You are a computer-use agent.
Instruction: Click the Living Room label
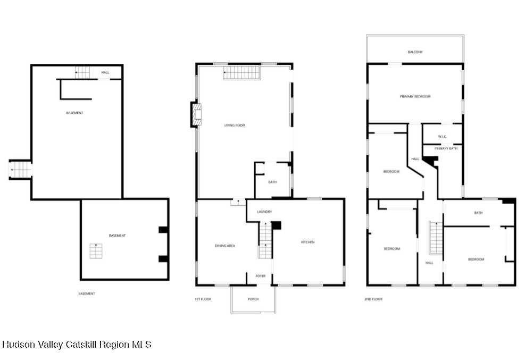click(235, 125)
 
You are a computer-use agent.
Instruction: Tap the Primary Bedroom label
click(415, 97)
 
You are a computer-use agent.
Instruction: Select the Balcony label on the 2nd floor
click(415, 52)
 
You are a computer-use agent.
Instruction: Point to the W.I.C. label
click(443, 137)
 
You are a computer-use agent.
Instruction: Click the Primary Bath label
click(446, 148)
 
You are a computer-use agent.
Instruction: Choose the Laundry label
click(264, 212)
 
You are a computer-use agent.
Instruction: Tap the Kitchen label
click(307, 242)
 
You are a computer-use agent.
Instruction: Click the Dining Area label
click(225, 246)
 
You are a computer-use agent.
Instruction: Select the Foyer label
click(261, 276)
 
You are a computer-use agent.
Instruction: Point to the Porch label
click(253, 299)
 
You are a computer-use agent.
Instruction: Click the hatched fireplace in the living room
click(196, 114)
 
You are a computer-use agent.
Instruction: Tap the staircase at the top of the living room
click(241, 73)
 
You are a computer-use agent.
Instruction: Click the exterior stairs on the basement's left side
click(21, 170)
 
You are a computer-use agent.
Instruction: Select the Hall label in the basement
click(105, 73)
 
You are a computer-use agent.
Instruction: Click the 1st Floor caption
click(203, 299)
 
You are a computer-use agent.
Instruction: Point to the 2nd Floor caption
click(373, 299)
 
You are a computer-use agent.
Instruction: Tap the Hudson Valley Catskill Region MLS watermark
click(77, 345)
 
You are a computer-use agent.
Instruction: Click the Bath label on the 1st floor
click(272, 182)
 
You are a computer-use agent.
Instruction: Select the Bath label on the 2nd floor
click(479, 213)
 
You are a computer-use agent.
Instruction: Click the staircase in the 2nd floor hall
click(436, 238)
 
